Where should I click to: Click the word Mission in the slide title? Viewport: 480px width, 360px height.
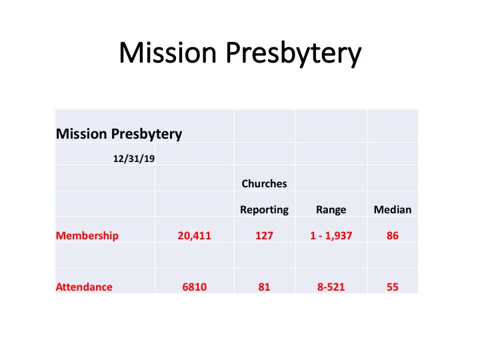tap(168, 53)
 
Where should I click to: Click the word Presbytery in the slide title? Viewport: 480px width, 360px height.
tap(293, 54)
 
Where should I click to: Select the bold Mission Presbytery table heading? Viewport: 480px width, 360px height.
tap(119, 134)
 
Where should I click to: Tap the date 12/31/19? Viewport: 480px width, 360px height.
tap(134, 159)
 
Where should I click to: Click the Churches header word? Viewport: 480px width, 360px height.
tap(264, 184)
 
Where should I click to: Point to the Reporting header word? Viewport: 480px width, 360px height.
tap(264, 210)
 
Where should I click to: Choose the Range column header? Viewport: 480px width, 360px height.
tap(331, 210)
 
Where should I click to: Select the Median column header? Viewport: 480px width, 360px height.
tap(393, 210)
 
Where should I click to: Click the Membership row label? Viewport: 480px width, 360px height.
tap(87, 236)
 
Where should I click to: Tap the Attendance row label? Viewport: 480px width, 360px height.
tap(84, 287)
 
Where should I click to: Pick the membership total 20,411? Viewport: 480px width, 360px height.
tap(195, 236)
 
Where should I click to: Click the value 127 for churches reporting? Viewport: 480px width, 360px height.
tap(264, 236)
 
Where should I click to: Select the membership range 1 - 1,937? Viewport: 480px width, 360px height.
tap(331, 236)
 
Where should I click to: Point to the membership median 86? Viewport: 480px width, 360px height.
tap(393, 236)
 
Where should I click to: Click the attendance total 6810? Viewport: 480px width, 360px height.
tap(195, 287)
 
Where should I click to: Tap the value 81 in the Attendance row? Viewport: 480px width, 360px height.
tap(264, 287)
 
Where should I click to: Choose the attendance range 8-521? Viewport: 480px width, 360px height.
tap(331, 287)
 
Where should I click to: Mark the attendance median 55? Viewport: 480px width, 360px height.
tap(393, 287)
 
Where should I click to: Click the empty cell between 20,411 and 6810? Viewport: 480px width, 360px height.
tap(195, 255)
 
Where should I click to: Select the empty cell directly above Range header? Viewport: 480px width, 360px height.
tap(331, 178)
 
